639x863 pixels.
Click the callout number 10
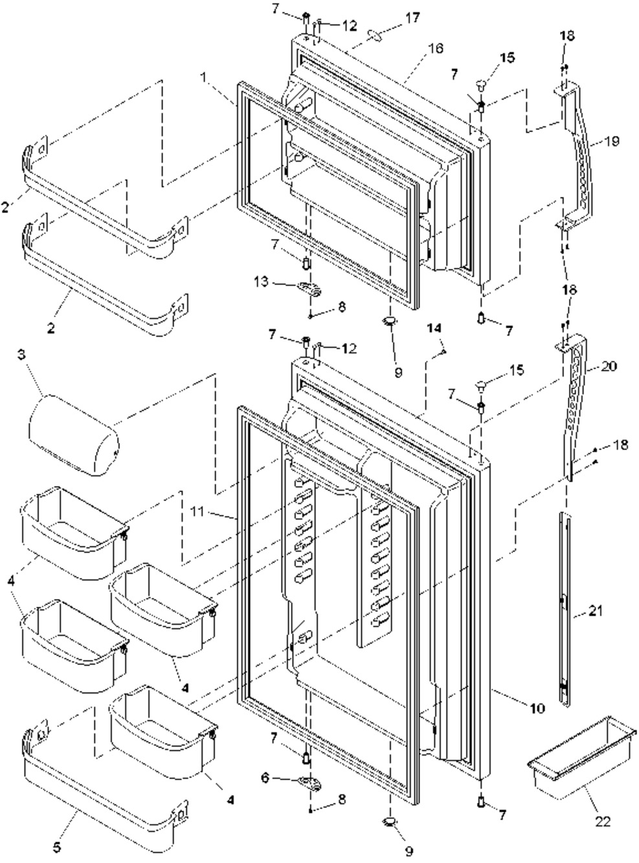pos(537,708)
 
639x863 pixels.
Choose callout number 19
pos(612,140)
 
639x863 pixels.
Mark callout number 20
pos(609,366)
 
